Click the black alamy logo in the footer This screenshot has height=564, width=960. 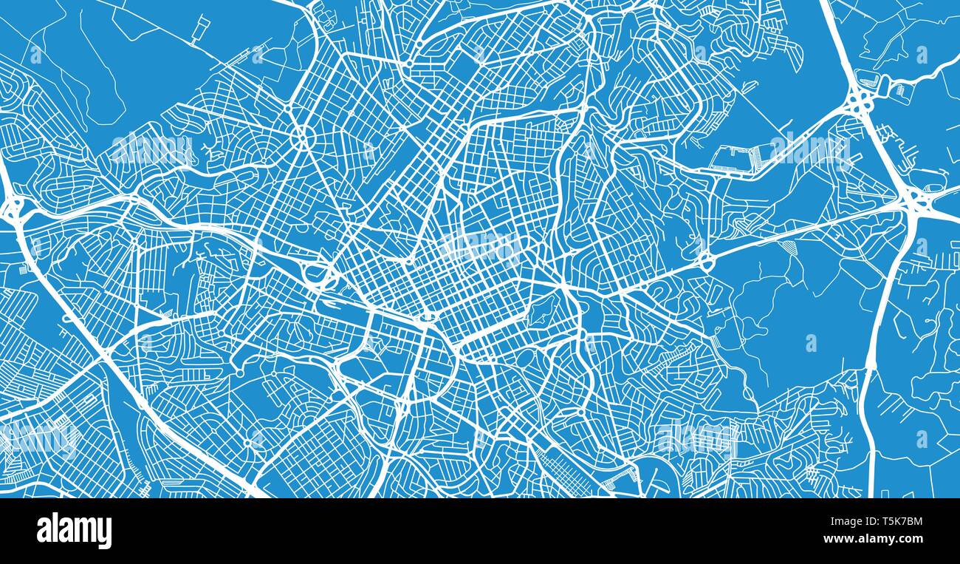74,531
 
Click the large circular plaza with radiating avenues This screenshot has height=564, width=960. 301,137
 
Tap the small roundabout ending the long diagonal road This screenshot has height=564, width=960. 705,260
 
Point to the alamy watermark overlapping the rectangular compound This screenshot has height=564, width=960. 809,150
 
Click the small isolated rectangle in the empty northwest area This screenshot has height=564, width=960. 200,28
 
